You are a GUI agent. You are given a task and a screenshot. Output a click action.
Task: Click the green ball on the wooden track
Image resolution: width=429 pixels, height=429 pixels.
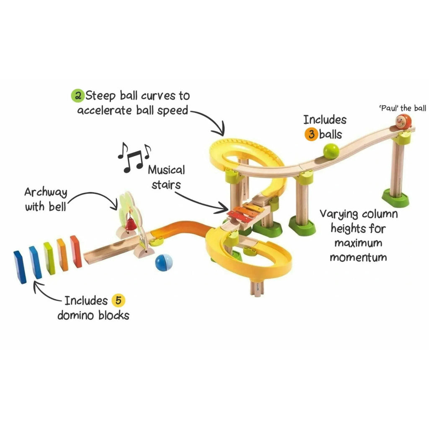click(331, 151)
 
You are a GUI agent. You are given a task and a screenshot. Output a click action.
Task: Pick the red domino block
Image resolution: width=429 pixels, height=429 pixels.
click(76, 251)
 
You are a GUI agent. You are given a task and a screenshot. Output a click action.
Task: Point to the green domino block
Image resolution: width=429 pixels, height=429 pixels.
click(49, 258)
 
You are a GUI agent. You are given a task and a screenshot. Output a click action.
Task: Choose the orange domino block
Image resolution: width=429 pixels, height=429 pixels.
click(62, 254)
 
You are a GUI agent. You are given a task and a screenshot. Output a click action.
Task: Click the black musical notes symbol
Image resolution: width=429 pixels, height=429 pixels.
click(134, 157)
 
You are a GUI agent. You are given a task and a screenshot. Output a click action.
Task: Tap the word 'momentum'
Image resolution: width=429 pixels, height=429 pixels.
click(358, 257)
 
